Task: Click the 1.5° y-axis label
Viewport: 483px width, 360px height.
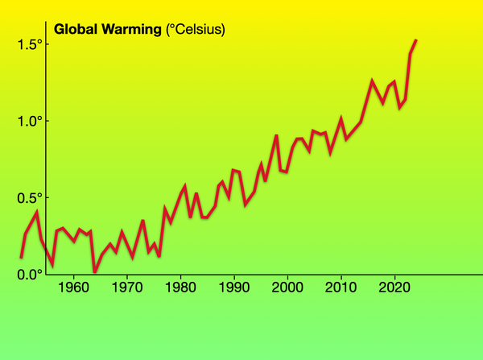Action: pyautogui.click(x=29, y=45)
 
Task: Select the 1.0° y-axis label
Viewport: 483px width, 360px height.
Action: pyautogui.click(x=29, y=122)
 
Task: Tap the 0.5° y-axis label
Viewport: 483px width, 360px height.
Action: pyautogui.click(x=29, y=198)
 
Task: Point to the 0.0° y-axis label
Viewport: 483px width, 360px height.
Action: pyautogui.click(x=29, y=275)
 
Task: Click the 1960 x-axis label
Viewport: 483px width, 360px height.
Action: pyautogui.click(x=73, y=288)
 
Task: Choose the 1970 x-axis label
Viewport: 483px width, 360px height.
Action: pyautogui.click(x=126, y=288)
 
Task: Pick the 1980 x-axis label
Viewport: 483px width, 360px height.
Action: pyautogui.click(x=180, y=288)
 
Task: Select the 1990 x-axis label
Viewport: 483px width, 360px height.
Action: pyautogui.click(x=233, y=288)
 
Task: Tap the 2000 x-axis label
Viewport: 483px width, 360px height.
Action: pyautogui.click(x=287, y=288)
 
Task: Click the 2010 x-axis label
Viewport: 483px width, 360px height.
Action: pyautogui.click(x=341, y=288)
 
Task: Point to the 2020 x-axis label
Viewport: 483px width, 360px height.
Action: pyautogui.click(x=394, y=288)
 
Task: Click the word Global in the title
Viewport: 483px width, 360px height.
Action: pyautogui.click(x=76, y=31)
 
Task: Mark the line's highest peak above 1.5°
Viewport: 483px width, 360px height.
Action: pyautogui.click(x=415, y=40)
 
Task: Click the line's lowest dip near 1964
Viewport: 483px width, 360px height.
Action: pyautogui.click(x=94, y=271)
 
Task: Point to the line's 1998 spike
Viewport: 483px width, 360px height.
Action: pyautogui.click(x=276, y=135)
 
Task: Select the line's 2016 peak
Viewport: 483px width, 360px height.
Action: pyautogui.click(x=372, y=81)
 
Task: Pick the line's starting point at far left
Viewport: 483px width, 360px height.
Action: pyautogui.click(x=21, y=258)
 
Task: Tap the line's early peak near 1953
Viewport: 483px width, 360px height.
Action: pyautogui.click(x=36, y=212)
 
